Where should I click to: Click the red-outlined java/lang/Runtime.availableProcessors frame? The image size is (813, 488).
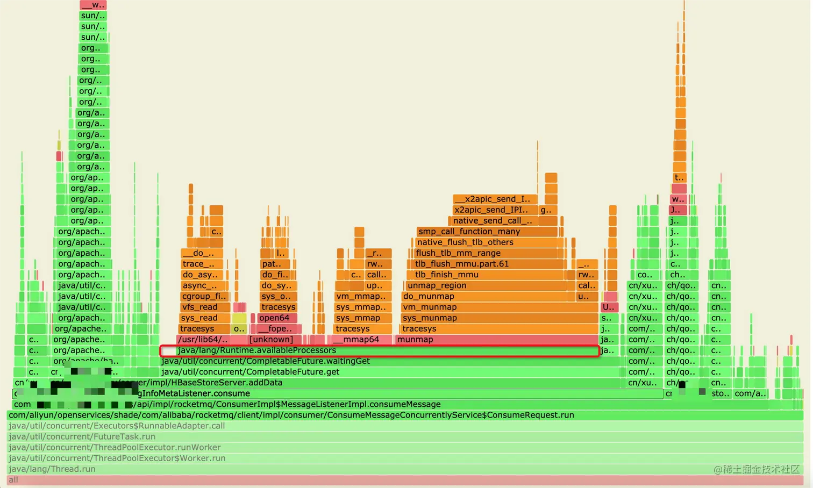(380, 351)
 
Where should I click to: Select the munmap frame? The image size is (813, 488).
(496, 340)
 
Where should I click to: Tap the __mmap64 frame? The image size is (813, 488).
(360, 340)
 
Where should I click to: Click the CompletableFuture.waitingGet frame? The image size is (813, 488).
(390, 361)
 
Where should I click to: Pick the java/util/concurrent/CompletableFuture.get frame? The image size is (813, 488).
(390, 372)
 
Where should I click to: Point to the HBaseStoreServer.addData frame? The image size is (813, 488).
(376, 383)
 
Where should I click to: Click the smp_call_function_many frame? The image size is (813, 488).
(487, 232)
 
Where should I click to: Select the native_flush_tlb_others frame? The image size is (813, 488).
(487, 242)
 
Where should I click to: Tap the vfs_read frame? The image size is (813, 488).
(205, 307)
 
